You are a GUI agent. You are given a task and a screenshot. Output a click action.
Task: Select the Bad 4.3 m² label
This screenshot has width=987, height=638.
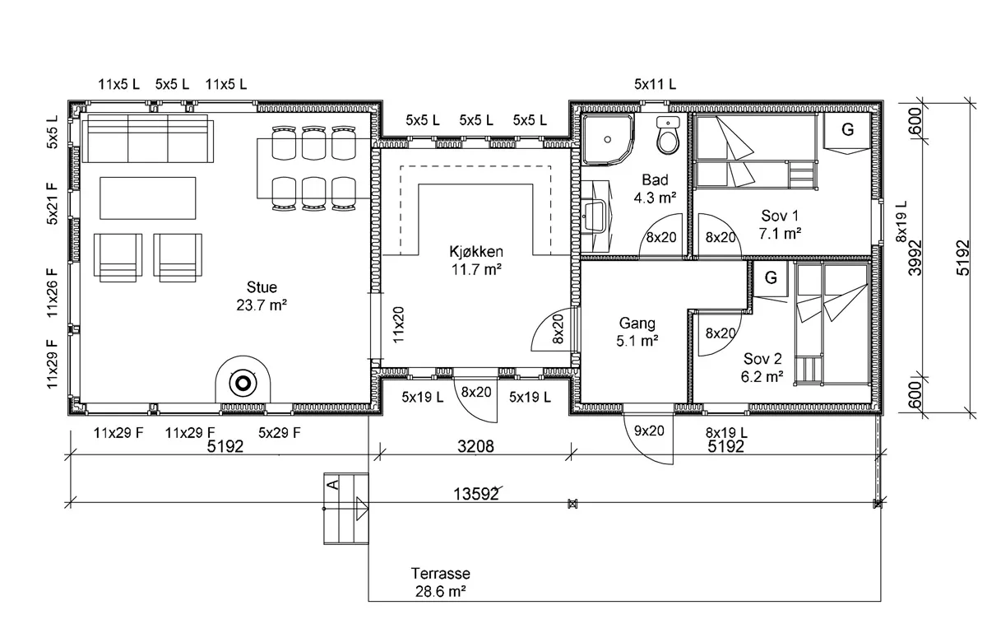(655, 189)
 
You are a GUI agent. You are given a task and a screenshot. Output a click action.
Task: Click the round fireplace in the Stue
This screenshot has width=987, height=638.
(243, 383)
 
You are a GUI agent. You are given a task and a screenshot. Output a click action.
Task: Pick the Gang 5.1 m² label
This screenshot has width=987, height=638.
(637, 332)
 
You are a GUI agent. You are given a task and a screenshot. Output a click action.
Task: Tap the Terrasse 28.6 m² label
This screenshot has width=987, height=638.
(441, 582)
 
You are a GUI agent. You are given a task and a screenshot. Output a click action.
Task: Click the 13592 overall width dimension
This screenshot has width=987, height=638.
(476, 494)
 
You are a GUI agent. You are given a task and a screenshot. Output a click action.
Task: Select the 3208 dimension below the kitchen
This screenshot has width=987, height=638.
(475, 446)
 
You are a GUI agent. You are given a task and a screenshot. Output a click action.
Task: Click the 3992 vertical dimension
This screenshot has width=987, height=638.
(915, 258)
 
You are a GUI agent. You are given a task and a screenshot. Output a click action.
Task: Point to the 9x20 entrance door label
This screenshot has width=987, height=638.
(649, 431)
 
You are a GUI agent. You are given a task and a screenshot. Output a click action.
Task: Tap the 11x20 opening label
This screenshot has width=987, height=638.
(398, 325)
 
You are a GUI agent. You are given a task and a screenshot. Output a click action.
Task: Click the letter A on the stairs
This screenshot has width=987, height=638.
(335, 484)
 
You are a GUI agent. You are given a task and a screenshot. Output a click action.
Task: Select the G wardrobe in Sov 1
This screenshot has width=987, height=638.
(847, 129)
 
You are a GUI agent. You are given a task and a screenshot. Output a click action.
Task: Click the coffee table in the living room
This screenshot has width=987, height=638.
(147, 198)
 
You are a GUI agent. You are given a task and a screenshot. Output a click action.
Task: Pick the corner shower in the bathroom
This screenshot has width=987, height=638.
(608, 139)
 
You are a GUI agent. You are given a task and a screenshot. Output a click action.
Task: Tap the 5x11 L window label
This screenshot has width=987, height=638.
(655, 84)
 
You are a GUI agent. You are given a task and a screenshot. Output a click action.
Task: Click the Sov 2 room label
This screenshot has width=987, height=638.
(762, 358)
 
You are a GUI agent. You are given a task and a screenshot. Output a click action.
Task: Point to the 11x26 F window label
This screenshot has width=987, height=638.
(52, 293)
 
